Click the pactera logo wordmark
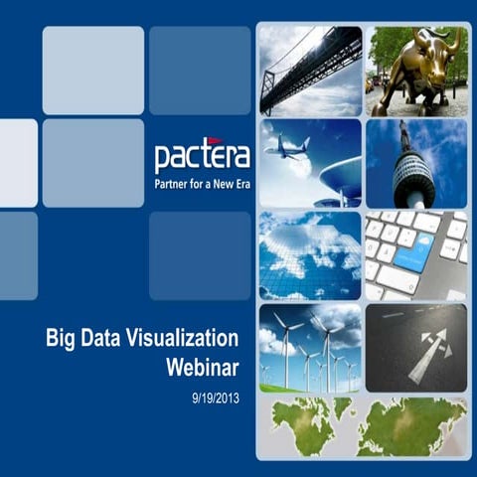point(202,157)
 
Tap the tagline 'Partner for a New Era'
point(202,185)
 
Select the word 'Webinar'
point(203,369)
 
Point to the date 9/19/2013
point(215,397)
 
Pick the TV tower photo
point(416,163)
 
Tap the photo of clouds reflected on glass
point(310,255)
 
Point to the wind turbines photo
point(310,348)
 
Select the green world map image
point(364,426)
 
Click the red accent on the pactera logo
point(213,142)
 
